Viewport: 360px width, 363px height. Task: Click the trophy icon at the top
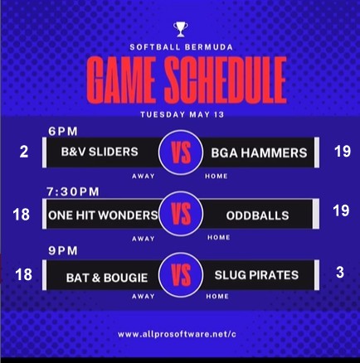pyautogui.click(x=181, y=29)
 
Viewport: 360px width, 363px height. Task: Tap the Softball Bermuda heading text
pyautogui.click(x=182, y=47)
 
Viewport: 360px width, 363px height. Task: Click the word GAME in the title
pyautogui.click(x=121, y=80)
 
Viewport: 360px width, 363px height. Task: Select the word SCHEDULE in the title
pyautogui.click(x=226, y=80)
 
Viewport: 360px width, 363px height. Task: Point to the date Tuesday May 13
pyautogui.click(x=182, y=114)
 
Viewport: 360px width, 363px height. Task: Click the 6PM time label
pyautogui.click(x=63, y=132)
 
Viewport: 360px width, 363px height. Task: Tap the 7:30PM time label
pyautogui.click(x=73, y=191)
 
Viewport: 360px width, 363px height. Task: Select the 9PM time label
pyautogui.click(x=63, y=251)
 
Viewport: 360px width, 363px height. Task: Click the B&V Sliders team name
pyautogui.click(x=100, y=152)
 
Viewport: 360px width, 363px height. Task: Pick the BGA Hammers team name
pyautogui.click(x=259, y=153)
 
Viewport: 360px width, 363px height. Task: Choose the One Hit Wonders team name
pyautogui.click(x=103, y=215)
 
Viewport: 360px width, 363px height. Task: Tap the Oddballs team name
pyautogui.click(x=257, y=215)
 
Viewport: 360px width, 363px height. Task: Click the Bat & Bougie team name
pyautogui.click(x=107, y=278)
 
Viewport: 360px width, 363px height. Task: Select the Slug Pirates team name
pyautogui.click(x=256, y=275)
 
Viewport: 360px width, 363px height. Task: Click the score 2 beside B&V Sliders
pyautogui.click(x=24, y=152)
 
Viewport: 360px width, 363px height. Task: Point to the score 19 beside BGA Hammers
pyautogui.click(x=343, y=152)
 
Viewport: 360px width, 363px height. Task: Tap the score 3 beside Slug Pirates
pyautogui.click(x=340, y=273)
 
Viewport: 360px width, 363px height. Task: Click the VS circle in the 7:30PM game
pyautogui.click(x=181, y=214)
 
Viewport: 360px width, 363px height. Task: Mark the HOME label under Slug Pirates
pyautogui.click(x=217, y=297)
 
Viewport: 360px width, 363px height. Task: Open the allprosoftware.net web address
pyautogui.click(x=177, y=334)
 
